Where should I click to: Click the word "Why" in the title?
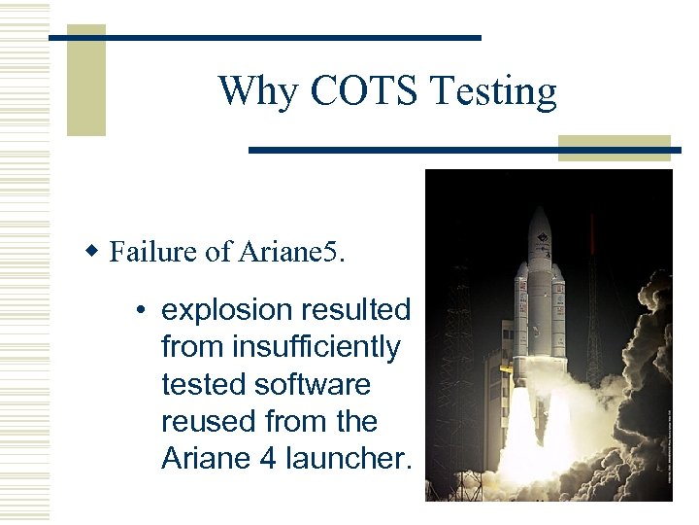(247, 91)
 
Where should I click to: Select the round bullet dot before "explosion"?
(142, 311)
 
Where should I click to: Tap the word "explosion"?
(227, 310)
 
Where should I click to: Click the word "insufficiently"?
(281, 347)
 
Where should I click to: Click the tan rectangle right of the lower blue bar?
(615, 148)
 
